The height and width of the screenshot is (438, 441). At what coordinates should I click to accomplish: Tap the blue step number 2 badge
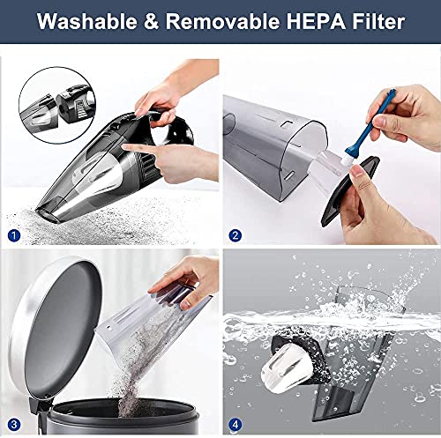pyautogui.click(x=235, y=235)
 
